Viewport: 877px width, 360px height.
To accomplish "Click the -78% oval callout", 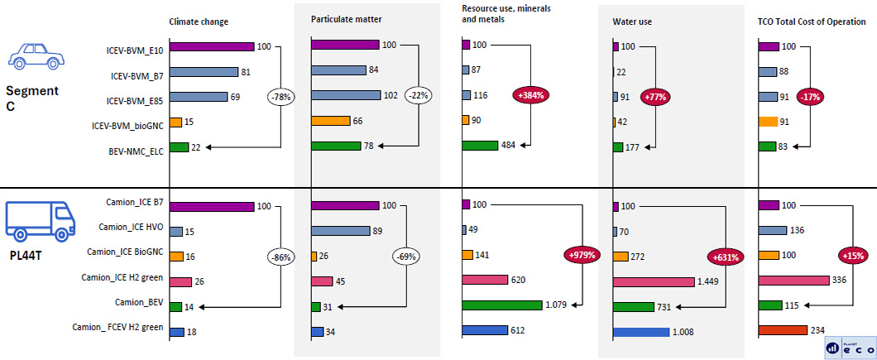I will click(280, 97).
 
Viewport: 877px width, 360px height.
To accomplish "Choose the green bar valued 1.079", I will click(502, 305).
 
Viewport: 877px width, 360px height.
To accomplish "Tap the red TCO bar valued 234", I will click(782, 330).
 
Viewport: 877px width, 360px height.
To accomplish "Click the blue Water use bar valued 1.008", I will click(641, 333).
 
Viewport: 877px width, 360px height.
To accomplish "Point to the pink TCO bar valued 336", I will click(793, 281).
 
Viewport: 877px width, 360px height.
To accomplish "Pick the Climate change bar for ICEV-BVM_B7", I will click(204, 72).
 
